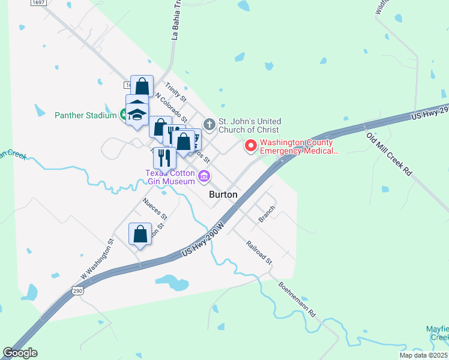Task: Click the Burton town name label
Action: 223,195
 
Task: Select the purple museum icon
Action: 204,176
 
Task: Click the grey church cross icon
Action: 209,125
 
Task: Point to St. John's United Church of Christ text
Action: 249,125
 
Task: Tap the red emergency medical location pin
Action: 250,146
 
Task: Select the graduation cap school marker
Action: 137,113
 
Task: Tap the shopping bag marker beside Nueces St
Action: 140,234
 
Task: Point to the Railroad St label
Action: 259,253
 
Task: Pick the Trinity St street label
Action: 176,92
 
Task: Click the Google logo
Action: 20,353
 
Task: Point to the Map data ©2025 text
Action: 424,355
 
